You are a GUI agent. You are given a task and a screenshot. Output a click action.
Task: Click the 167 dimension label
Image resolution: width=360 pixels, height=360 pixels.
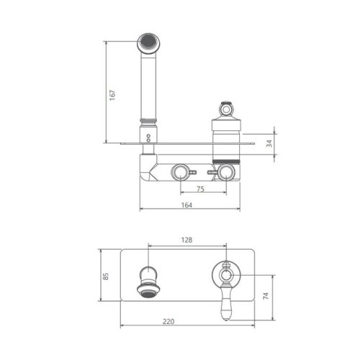[112, 95]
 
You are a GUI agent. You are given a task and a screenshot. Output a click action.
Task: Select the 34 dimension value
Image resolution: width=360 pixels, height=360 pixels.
[270, 143]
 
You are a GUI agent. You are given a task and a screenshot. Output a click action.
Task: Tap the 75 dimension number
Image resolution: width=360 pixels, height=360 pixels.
[201, 189]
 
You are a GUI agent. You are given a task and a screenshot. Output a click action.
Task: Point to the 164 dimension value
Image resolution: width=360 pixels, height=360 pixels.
[186, 205]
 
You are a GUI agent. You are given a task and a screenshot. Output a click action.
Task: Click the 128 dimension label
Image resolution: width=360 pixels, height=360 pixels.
[186, 240]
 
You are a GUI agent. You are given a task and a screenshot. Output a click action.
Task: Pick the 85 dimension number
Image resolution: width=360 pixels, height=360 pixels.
[106, 276]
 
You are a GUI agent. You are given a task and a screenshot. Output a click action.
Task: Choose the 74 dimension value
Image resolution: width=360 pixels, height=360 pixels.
[266, 296]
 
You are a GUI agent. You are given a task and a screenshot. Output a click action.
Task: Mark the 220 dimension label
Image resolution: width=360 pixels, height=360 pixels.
[168, 321]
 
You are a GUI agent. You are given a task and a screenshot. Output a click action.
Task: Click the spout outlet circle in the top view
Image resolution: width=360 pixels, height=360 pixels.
[148, 44]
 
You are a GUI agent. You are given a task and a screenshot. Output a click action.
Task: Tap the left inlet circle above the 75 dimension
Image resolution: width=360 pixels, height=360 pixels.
[180, 172]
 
